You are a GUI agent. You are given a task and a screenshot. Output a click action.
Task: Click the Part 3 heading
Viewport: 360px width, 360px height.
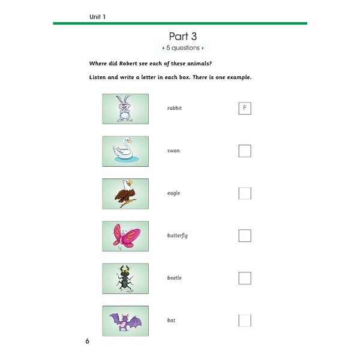click(x=184, y=36)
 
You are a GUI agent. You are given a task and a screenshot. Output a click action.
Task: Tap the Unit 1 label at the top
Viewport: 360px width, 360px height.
click(x=93, y=16)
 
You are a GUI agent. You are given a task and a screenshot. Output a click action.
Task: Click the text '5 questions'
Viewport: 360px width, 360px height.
click(x=184, y=48)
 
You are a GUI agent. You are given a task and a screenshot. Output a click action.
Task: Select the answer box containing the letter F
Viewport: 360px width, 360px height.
click(x=244, y=108)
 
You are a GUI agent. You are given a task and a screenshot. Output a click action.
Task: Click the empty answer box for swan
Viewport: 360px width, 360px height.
click(x=244, y=151)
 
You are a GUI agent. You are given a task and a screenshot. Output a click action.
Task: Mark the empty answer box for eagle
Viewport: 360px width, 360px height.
click(x=244, y=193)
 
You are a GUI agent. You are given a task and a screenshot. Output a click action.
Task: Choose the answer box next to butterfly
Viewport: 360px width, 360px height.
click(x=244, y=235)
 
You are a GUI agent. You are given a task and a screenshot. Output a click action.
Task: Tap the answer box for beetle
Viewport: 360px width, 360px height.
click(x=244, y=278)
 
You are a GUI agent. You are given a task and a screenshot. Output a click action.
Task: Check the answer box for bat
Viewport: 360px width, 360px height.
click(x=244, y=320)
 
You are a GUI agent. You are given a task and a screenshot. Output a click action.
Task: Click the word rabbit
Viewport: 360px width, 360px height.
click(x=174, y=108)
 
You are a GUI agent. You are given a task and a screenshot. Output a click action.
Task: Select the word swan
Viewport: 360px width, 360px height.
click(x=173, y=151)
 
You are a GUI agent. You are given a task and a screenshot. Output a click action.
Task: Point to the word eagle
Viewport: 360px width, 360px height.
click(x=173, y=193)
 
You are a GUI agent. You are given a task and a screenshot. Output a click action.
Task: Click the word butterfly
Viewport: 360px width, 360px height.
click(x=177, y=235)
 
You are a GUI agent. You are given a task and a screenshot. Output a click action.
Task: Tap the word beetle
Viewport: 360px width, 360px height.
click(x=174, y=278)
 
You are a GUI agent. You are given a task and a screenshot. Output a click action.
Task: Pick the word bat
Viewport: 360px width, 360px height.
click(x=171, y=320)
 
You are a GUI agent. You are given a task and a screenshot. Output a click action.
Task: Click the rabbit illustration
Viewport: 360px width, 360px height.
click(x=125, y=108)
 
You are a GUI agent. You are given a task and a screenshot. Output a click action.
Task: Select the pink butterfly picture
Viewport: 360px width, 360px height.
click(x=125, y=236)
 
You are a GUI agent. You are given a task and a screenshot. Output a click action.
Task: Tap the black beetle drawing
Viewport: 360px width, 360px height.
click(x=125, y=278)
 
